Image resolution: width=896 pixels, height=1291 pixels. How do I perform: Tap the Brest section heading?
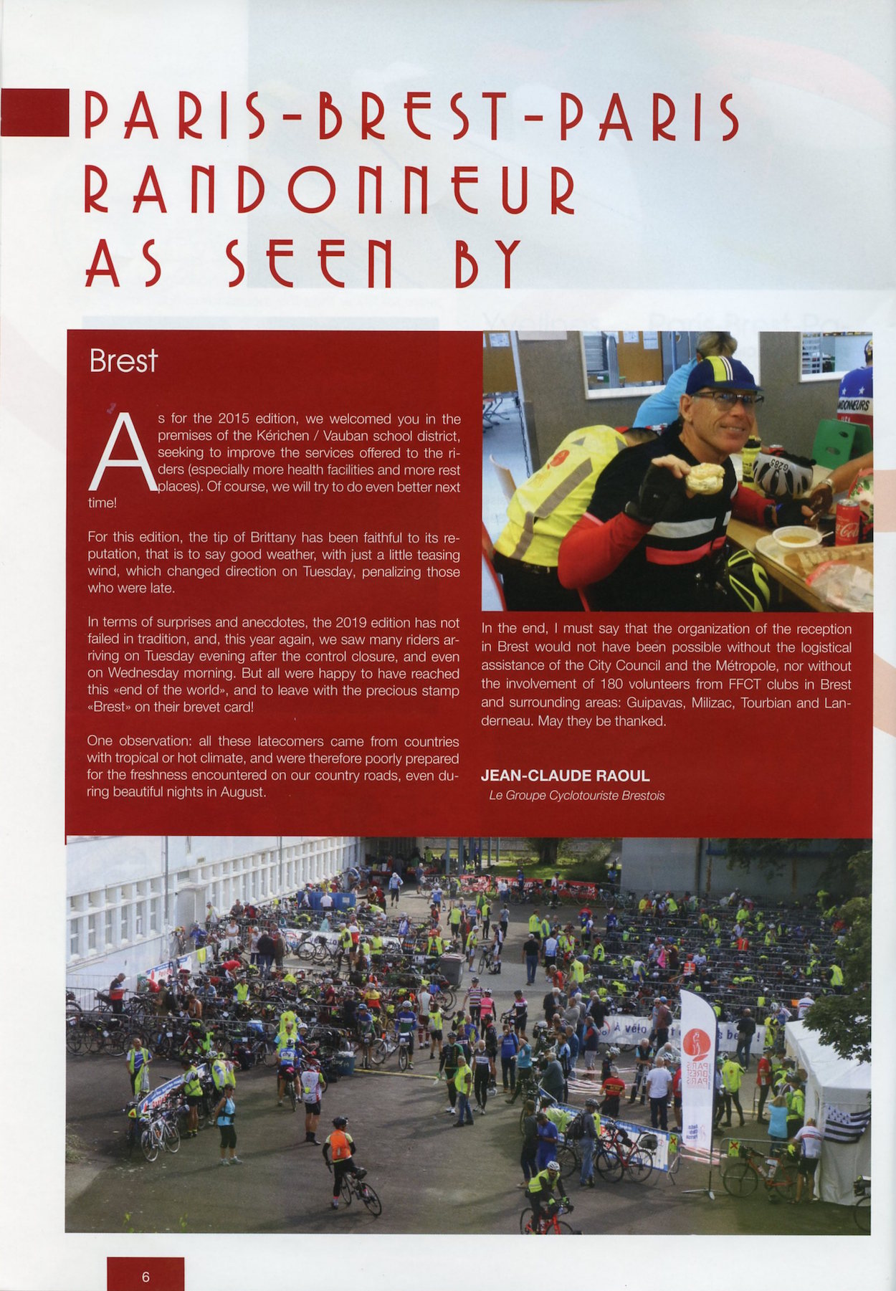pos(123,361)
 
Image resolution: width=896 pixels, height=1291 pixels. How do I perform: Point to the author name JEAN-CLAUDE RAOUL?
pos(566,776)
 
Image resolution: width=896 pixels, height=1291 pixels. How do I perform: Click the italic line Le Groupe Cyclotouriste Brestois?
pos(576,795)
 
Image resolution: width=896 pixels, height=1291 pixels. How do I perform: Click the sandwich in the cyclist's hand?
pos(705,479)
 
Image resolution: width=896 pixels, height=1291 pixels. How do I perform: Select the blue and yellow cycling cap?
pos(722,375)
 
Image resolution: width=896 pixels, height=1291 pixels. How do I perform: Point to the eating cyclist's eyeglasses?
pos(725,399)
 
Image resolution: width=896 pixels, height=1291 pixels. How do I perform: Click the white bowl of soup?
pos(796,536)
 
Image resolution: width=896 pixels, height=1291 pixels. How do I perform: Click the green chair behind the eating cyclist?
pos(840,443)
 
